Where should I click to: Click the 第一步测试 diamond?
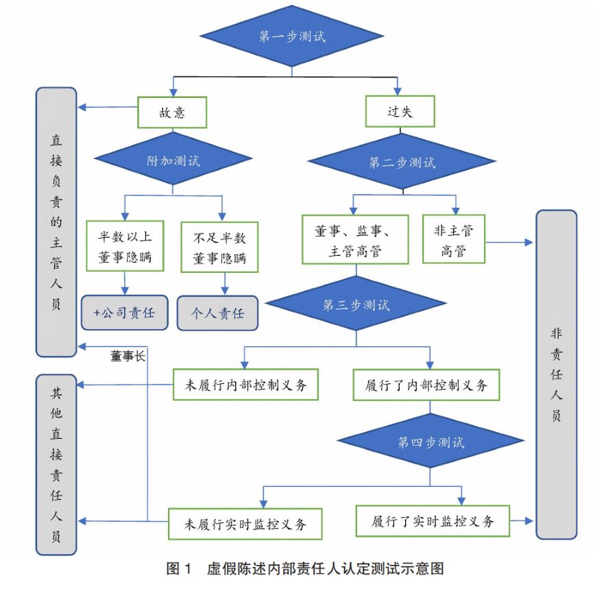pos(292,36)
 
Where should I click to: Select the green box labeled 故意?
pos(172,112)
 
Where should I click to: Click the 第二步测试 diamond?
pos(402,162)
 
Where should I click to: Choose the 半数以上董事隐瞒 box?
pos(125,247)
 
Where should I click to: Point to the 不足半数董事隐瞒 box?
pos(219,248)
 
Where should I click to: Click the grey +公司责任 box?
pos(125,313)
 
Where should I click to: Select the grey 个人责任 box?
pos(218,313)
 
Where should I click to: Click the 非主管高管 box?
pos(454,240)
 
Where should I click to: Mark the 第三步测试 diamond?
pos(356,305)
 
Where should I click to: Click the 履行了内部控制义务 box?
pos(426,385)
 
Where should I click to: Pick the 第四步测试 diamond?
pos(431,442)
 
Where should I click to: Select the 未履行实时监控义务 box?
pos(245,524)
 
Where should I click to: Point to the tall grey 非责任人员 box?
pos(556,374)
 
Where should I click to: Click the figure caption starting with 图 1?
pos(306,569)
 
